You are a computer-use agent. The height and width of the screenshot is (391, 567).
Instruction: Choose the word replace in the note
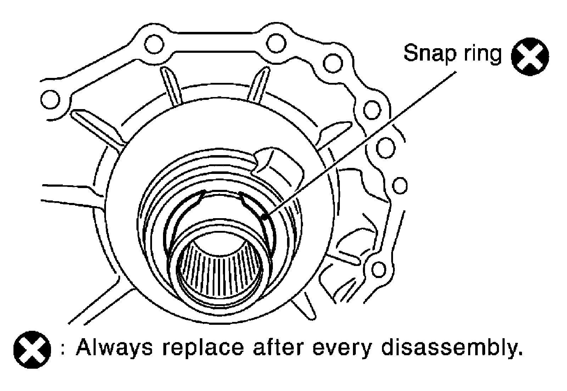203,348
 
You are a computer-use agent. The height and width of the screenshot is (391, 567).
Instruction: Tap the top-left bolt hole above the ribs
154,44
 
